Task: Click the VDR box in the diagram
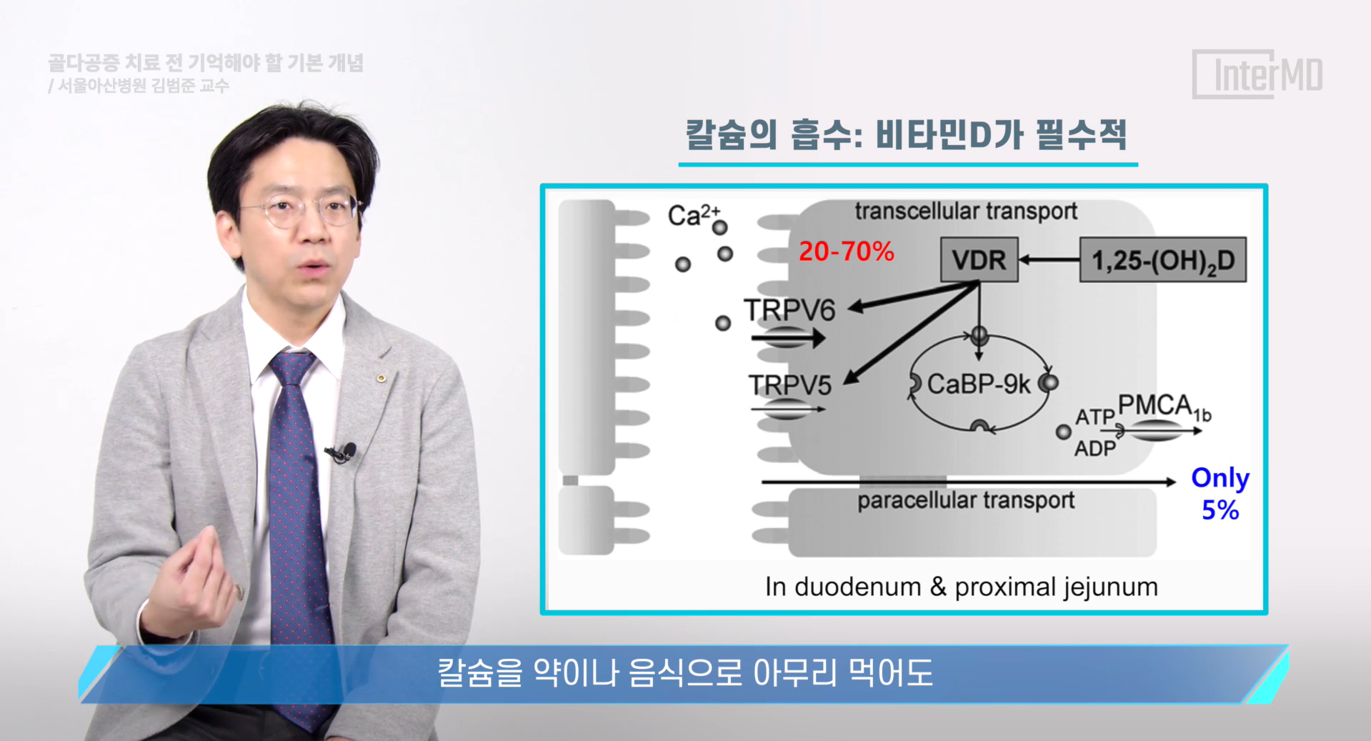point(979,259)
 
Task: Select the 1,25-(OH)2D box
point(1162,260)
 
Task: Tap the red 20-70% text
point(847,252)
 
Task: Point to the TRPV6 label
point(789,310)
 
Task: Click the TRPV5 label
point(790,385)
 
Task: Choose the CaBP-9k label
point(979,384)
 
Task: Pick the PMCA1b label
point(1165,407)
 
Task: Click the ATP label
point(1095,417)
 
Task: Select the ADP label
point(1095,449)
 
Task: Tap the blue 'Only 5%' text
point(1220,494)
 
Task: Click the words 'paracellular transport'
point(966,500)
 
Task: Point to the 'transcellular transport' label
point(966,212)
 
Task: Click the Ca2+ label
point(694,215)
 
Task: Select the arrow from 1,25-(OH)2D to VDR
point(1049,260)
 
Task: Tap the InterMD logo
point(1258,74)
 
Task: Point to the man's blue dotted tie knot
point(292,367)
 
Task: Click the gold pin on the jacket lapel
point(382,378)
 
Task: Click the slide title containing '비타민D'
point(907,134)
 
